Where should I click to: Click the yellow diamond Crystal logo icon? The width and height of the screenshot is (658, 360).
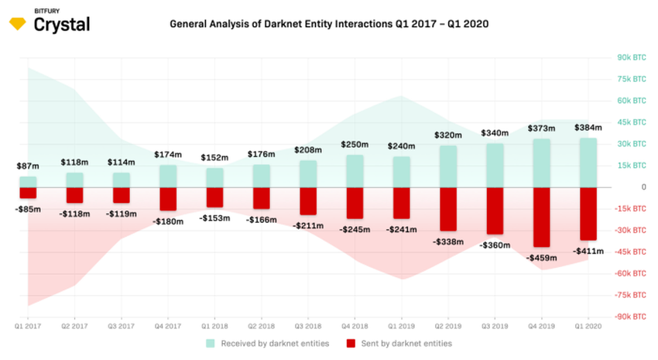coord(17,25)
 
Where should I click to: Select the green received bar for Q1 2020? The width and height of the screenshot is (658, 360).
coord(588,163)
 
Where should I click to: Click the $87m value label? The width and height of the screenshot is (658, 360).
coord(28,166)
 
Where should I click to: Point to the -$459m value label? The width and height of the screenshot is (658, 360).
coord(541,257)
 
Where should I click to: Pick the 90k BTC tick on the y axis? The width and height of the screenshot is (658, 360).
coord(631,57)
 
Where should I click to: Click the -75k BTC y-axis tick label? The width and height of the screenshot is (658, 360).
coord(631,295)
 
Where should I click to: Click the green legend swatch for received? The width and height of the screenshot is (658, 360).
coord(211,343)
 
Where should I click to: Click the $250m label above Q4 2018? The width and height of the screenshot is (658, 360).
coord(355,145)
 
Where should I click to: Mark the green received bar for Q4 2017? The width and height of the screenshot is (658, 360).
coord(168,176)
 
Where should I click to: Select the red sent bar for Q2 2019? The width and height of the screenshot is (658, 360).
coord(448,209)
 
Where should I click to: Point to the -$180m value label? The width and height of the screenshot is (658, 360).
coord(168,222)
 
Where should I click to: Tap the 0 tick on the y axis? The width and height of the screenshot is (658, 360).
coord(643,187)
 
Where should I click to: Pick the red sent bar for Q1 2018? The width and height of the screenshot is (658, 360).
coord(214,197)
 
